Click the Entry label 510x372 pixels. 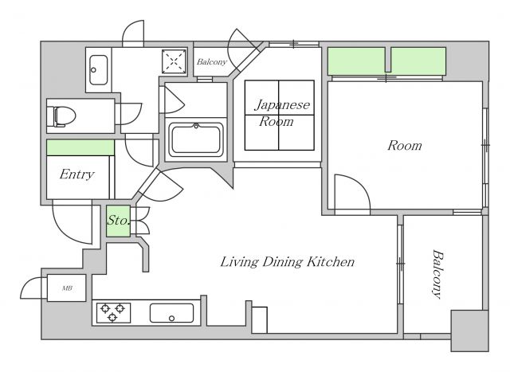point(77,174)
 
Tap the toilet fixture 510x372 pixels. point(65,116)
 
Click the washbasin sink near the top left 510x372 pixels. point(98,70)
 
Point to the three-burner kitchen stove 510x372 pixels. point(112,312)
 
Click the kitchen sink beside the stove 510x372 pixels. point(171,313)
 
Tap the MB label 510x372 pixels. point(67,288)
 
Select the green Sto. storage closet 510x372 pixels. point(119,221)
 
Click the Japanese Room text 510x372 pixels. point(282,113)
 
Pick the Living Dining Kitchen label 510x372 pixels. point(288,261)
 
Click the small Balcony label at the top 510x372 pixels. point(212,61)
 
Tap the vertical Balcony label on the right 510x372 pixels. point(437,274)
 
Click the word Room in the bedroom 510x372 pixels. point(405,145)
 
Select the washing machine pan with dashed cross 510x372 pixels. point(174,61)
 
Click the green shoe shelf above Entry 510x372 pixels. point(80,147)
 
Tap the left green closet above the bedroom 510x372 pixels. point(356,61)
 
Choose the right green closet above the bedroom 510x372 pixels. point(418,61)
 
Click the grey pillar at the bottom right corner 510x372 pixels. point(469,331)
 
